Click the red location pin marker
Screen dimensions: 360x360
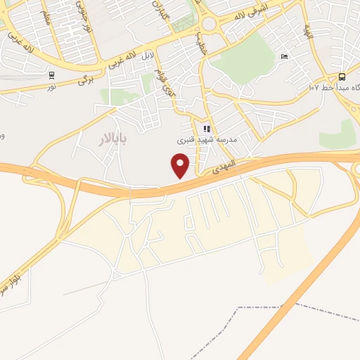pyautogui.click(x=181, y=165)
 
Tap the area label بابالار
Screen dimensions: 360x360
pyautogui.click(x=112, y=139)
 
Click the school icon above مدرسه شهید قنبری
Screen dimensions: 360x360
pyautogui.click(x=207, y=129)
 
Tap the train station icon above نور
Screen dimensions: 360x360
pyautogui.click(x=51, y=75)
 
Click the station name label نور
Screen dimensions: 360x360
pyautogui.click(x=51, y=85)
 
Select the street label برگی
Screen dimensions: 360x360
pyautogui.click(x=85, y=79)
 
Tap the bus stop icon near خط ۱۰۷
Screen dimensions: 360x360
pyautogui.click(x=342, y=77)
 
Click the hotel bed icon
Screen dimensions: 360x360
pyautogui.click(x=283, y=56)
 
